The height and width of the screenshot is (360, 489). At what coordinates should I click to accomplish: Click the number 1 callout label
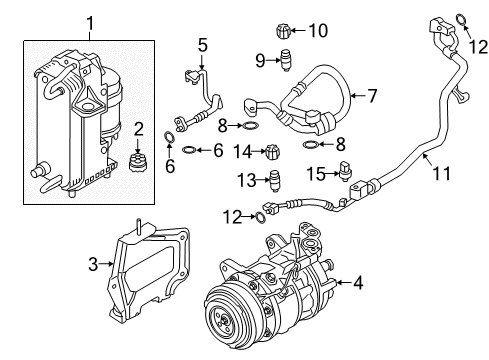coord(91,21)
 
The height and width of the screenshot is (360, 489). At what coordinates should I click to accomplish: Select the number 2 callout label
coord(139,128)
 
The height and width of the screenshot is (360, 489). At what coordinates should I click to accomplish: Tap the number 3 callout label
coord(93,265)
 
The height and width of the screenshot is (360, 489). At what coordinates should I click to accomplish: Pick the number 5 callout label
coord(202,44)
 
